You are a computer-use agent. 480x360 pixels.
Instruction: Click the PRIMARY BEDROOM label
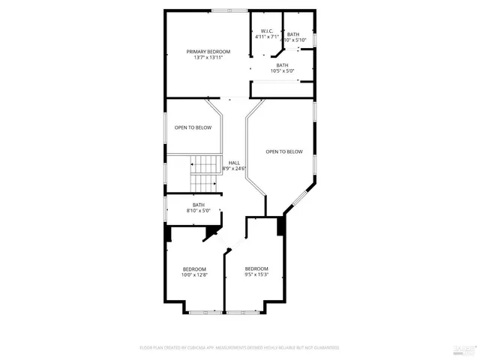pyautogui.click(x=208, y=51)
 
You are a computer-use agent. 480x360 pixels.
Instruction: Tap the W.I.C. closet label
pyautogui.click(x=266, y=31)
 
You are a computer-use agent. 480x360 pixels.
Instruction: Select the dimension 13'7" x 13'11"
pyautogui.click(x=208, y=57)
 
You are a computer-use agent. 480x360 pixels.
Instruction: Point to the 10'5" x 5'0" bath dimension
pyautogui.click(x=282, y=70)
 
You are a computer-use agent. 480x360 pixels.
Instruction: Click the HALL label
pyautogui.click(x=234, y=163)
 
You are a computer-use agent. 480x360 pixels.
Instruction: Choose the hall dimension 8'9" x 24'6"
pyautogui.click(x=234, y=169)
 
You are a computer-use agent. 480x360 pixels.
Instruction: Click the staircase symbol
pyautogui.click(x=202, y=174)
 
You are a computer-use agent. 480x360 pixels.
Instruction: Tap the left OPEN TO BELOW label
pyautogui.click(x=193, y=127)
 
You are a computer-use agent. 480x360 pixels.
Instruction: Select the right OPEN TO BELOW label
pyautogui.click(x=284, y=151)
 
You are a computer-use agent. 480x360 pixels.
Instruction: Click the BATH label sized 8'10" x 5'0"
pyautogui.click(x=198, y=205)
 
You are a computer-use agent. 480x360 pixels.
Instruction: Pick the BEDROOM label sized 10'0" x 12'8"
pyautogui.click(x=194, y=269)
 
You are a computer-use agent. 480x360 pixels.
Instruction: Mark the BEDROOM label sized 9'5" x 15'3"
pyautogui.click(x=256, y=269)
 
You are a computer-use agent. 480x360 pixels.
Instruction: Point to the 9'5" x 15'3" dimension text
pyautogui.click(x=256, y=275)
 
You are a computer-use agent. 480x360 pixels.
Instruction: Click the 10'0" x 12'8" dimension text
pyautogui.click(x=194, y=275)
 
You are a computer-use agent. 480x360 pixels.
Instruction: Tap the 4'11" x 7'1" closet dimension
pyautogui.click(x=266, y=37)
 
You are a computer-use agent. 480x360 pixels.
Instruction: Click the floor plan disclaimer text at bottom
pyautogui.click(x=239, y=348)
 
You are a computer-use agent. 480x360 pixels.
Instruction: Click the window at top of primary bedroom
pyautogui.click(x=229, y=10)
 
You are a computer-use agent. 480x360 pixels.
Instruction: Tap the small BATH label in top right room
pyautogui.click(x=292, y=34)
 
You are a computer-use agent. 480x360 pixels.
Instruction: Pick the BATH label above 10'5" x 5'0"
pyautogui.click(x=282, y=64)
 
